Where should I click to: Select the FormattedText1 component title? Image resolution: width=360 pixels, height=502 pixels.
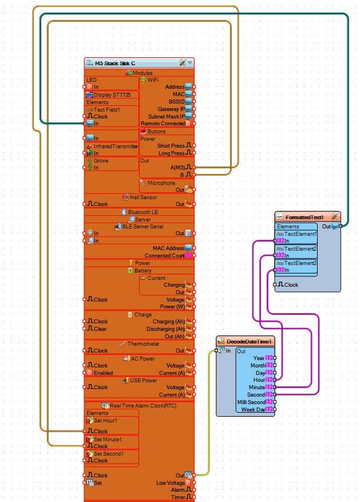tap(304, 217)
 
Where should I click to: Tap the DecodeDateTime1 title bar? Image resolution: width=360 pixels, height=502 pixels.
tap(249, 341)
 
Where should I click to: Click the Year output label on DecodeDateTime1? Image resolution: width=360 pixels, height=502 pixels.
tap(259, 358)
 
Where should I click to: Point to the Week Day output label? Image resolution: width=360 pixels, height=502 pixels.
tap(253, 409)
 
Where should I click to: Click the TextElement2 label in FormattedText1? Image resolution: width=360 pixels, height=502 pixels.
tap(300, 249)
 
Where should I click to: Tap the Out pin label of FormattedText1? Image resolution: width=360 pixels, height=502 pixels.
tap(326, 227)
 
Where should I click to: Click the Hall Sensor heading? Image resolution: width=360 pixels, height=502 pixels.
tap(143, 197)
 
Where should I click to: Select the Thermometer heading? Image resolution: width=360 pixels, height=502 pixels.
tap(143, 343)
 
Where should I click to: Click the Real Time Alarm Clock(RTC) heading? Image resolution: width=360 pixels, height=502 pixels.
tap(144, 405)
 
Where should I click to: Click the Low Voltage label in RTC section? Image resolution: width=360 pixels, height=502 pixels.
tap(170, 483)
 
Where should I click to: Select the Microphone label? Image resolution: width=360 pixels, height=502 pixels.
tap(161, 183)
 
